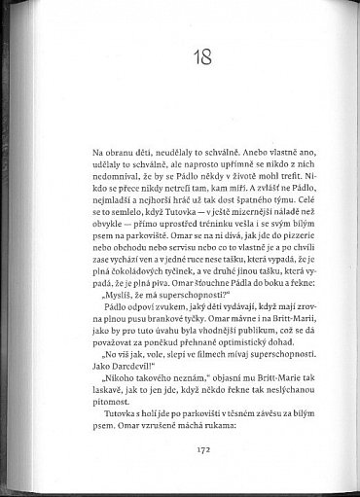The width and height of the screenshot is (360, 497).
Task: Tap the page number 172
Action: (182, 450)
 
